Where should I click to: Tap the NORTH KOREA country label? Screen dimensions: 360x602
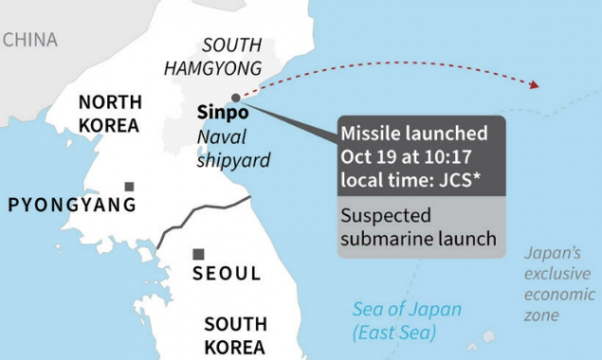point(109,114)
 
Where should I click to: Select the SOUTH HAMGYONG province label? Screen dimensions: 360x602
point(212,57)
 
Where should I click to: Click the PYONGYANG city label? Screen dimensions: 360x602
point(72,205)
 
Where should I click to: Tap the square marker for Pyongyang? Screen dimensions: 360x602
point(129,187)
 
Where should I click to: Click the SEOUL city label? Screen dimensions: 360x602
point(227,274)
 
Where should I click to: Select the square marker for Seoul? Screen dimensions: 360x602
point(198,254)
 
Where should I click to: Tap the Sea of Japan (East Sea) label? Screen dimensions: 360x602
point(407,321)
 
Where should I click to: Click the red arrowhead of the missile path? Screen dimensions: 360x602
point(534,85)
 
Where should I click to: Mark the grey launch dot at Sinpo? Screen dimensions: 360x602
point(236,98)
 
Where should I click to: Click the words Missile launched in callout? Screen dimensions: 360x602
point(414,134)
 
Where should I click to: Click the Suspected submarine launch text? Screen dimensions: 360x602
point(418,227)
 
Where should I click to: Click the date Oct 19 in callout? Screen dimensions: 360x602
point(371,155)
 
